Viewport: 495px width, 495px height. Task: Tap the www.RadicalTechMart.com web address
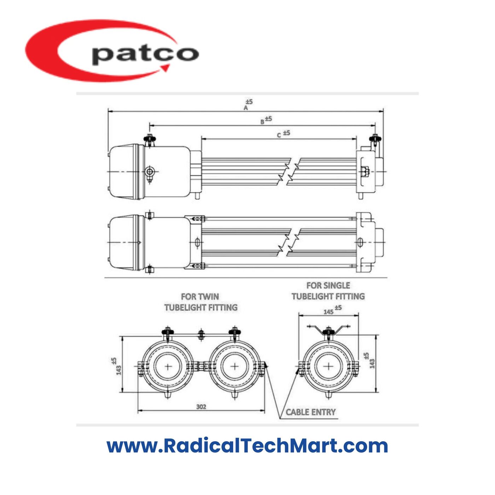point(247,445)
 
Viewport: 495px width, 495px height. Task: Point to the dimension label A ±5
point(248,105)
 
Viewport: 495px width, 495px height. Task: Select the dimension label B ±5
point(266,120)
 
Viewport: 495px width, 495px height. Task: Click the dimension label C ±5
point(283,134)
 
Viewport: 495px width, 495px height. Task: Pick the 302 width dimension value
point(201,407)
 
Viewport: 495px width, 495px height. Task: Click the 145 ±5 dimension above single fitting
point(332,310)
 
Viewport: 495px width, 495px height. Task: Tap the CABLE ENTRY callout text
point(310,412)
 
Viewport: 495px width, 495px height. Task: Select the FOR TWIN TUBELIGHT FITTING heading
point(200,302)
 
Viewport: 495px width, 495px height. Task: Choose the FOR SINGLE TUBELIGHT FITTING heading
point(328,291)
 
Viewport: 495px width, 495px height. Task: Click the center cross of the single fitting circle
point(328,366)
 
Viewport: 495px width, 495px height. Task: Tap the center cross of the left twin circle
point(168,366)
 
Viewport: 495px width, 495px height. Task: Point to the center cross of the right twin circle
point(234,366)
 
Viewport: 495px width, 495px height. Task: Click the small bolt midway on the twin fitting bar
point(201,334)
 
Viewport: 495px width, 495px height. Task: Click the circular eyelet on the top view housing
point(150,172)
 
